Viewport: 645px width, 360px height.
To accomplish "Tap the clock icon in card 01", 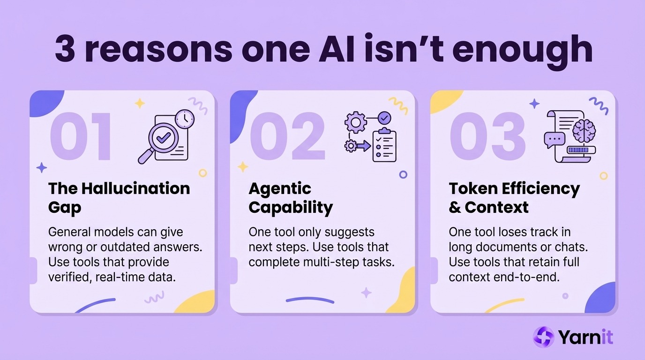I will pyautogui.click(x=185, y=119).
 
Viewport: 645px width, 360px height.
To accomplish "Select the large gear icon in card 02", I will pyautogui.click(x=355, y=122).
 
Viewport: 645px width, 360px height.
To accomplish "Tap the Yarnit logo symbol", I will pyautogui.click(x=544, y=337).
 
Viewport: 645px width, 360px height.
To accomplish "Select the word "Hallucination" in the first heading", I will pyautogui.click(x=136, y=188).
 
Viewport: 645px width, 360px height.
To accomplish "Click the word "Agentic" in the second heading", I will pyautogui.click(x=280, y=188).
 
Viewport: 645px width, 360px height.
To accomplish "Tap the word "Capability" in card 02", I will pyautogui.click(x=291, y=207).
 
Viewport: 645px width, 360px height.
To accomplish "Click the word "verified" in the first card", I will pyautogui.click(x=69, y=277).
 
